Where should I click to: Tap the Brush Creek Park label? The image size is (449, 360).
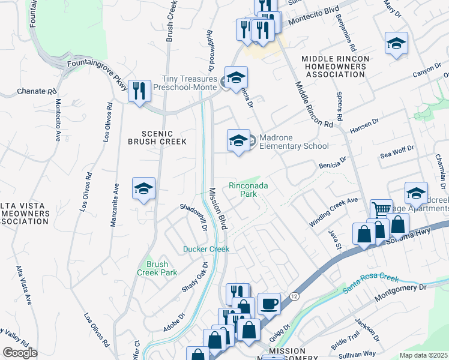pyautogui.click(x=161, y=268)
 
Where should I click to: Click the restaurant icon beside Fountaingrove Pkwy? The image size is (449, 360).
pyautogui.click(x=139, y=92)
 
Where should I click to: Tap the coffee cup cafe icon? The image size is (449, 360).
pyautogui.click(x=269, y=304)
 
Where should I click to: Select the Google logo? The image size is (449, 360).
pyautogui.click(x=20, y=353)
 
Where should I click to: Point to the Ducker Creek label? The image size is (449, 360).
pyautogui.click(x=206, y=249)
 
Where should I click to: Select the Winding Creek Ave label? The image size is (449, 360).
pyautogui.click(x=333, y=212)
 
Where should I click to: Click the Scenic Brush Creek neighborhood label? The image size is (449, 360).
pyautogui.click(x=157, y=138)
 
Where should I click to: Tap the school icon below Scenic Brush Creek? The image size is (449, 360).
pyautogui.click(x=144, y=189)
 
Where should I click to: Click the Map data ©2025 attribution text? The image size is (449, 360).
pyautogui.click(x=423, y=355)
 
